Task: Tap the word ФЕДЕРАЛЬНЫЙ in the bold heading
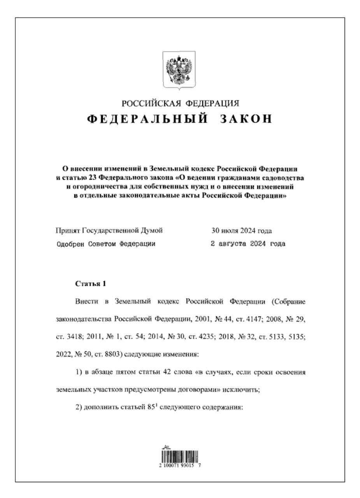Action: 146,119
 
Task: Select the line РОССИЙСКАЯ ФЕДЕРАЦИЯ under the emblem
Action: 180,103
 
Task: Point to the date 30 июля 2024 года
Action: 241,231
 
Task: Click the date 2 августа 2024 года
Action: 248,244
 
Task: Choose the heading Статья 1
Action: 90,284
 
